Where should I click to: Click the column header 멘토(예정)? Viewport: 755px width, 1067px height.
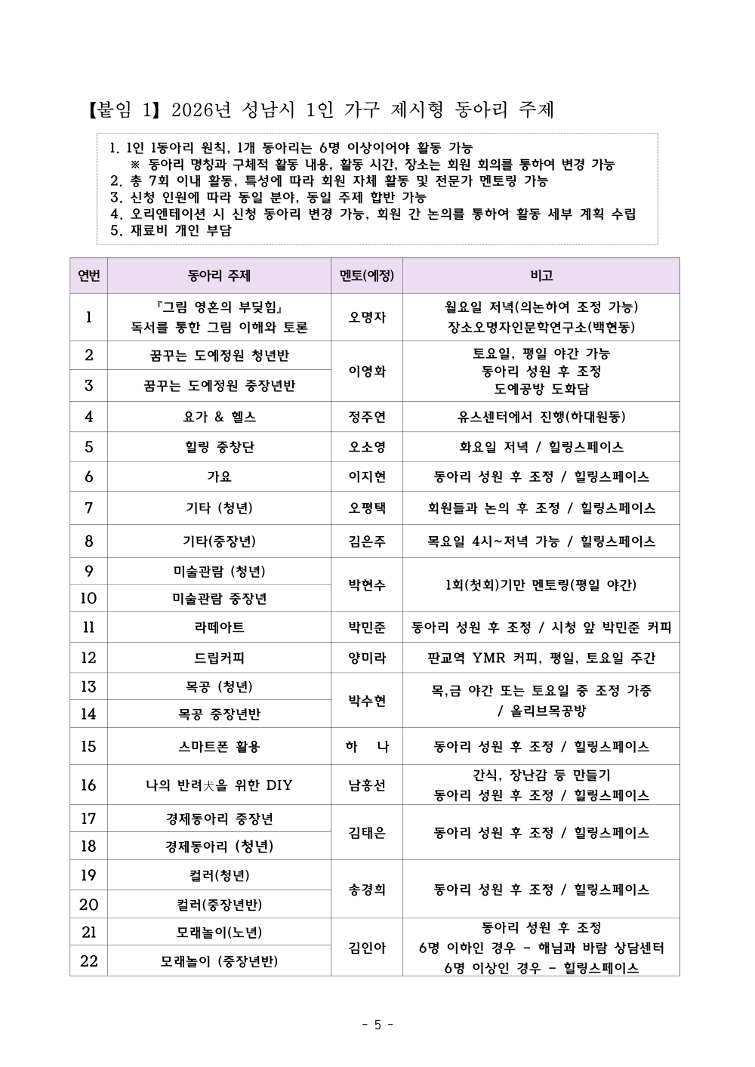coord(366,276)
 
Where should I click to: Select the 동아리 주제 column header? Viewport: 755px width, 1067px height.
coord(219,276)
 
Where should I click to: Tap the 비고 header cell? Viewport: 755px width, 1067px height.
coord(541,276)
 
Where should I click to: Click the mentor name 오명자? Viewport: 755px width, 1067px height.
coord(366,317)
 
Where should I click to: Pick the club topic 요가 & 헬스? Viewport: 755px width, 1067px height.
coord(219,417)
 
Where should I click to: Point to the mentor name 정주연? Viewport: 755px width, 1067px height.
coord(366,417)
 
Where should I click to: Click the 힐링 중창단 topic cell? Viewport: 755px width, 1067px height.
coord(219,447)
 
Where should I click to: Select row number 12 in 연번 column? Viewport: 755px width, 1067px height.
coord(88,658)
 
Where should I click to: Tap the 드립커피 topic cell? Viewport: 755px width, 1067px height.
coord(219,658)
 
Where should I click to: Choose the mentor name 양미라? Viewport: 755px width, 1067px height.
coord(366,658)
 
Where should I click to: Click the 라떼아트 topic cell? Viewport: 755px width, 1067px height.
coord(219,628)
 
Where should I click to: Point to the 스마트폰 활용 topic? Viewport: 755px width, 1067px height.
coord(219,747)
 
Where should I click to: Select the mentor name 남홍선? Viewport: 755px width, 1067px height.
coord(366,785)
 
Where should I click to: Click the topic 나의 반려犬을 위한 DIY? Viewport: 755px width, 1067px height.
coord(219,785)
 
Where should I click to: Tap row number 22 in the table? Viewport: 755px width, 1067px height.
coord(88,961)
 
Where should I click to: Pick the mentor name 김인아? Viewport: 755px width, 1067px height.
coord(366,948)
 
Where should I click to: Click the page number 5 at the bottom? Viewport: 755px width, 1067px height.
coord(377,1025)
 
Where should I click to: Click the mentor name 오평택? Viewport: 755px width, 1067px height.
coord(366,508)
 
